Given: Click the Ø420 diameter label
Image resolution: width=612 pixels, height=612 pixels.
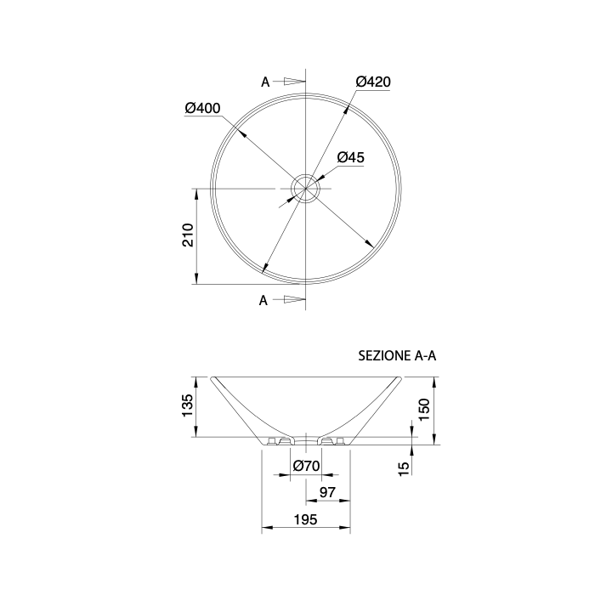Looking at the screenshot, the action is [x=373, y=82].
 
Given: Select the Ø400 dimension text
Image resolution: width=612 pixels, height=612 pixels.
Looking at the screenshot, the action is [x=202, y=108].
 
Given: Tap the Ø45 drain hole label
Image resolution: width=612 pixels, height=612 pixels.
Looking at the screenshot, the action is [x=350, y=157].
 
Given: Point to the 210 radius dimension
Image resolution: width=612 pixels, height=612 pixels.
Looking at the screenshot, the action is [x=188, y=235].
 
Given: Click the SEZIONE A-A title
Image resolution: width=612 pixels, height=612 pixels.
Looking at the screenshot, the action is [x=397, y=356].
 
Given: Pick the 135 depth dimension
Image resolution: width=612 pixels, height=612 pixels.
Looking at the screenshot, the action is [x=188, y=405].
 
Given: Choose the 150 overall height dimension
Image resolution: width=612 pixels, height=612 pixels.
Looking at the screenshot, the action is [x=424, y=409].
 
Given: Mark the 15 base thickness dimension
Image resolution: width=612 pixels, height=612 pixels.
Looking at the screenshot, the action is [x=405, y=468].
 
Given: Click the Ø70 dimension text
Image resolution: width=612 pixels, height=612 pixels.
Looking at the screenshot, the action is [x=306, y=466].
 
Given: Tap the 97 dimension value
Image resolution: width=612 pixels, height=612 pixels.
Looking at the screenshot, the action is [x=327, y=492].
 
